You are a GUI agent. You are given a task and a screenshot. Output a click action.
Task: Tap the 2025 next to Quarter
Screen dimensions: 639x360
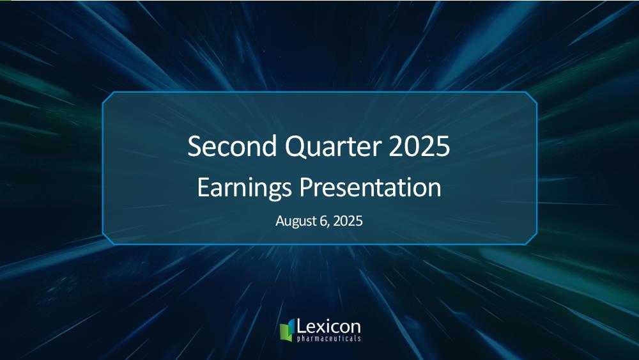point(419,146)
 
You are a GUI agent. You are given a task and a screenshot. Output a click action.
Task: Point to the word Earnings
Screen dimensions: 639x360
point(244,188)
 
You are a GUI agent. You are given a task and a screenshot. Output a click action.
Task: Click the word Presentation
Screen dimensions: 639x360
point(371,187)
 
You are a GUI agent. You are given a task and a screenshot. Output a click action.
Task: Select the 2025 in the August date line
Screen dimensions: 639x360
point(348,221)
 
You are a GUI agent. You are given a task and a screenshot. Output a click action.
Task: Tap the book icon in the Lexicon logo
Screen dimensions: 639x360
point(288,330)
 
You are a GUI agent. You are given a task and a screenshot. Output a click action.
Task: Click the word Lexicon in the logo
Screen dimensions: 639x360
point(328,327)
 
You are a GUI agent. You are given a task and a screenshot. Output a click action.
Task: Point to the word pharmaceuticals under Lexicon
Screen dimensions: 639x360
point(329,338)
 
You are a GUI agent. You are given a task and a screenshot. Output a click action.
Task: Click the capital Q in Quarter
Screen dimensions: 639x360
point(296,147)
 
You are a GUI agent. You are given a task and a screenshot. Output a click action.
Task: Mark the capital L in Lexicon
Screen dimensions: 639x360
point(301,327)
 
